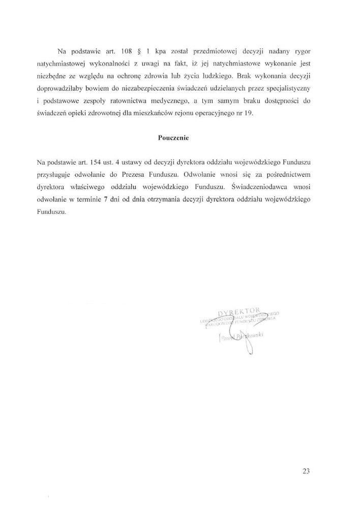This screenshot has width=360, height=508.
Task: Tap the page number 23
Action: (306, 470)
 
